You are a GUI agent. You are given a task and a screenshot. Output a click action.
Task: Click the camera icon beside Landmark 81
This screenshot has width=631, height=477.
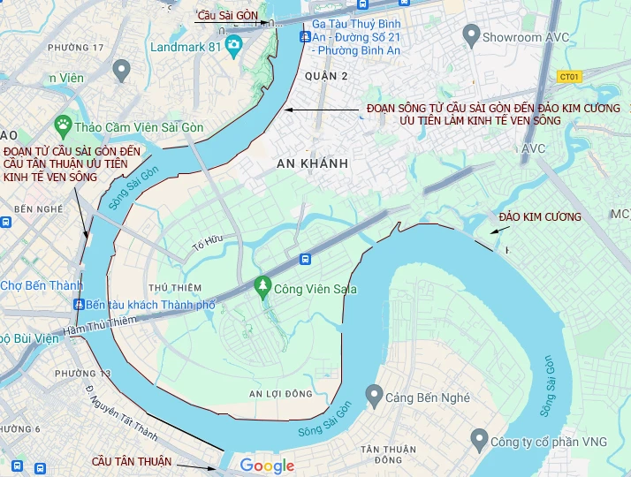233,45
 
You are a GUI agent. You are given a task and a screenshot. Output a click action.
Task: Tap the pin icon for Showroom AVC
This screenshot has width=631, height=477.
470,36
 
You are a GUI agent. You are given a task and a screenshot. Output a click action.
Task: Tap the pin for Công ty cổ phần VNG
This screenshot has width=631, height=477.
479,437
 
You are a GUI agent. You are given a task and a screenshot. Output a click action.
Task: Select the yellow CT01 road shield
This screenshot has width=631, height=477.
570,77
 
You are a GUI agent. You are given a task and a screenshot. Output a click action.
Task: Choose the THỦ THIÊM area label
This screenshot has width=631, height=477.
175,288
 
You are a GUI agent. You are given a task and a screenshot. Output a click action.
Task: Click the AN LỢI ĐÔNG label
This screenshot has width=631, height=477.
282,394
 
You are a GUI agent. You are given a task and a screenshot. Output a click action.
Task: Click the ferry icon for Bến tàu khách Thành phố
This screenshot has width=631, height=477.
78,305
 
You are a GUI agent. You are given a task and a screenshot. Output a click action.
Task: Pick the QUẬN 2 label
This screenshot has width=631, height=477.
326,76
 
